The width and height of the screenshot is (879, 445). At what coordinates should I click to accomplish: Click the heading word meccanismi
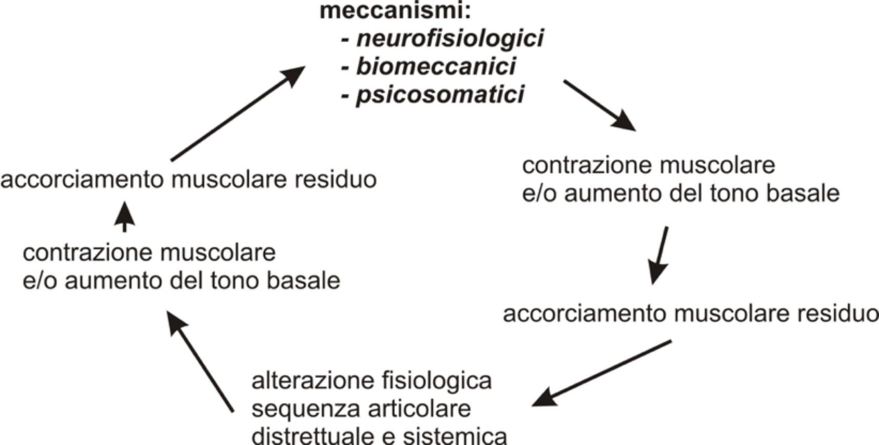pyautogui.click(x=395, y=11)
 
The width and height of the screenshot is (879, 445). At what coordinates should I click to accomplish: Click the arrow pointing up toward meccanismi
pyautogui.click(x=238, y=113)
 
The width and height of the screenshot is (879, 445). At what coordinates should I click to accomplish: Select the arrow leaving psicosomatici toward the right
pyautogui.click(x=600, y=105)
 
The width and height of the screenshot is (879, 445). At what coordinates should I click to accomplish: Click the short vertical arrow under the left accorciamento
pyautogui.click(x=125, y=217)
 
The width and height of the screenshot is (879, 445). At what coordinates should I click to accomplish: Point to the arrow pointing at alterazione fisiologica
pyautogui.click(x=602, y=374)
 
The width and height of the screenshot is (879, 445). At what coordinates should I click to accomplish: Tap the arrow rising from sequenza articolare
pyautogui.click(x=200, y=361)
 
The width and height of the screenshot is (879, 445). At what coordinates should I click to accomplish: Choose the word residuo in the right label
pyautogui.click(x=838, y=314)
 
